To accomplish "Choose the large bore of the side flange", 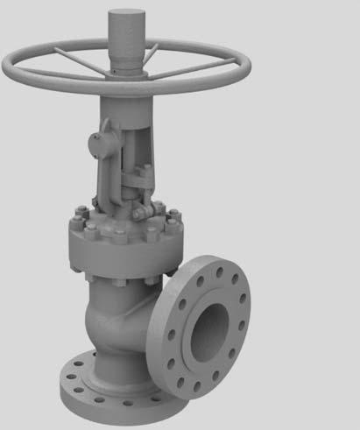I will pos(208,325).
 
